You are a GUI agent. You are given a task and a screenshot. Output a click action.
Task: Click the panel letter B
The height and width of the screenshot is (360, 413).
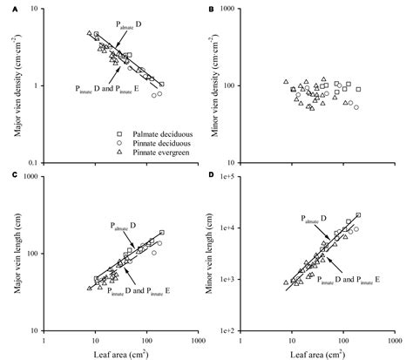(212, 9)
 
